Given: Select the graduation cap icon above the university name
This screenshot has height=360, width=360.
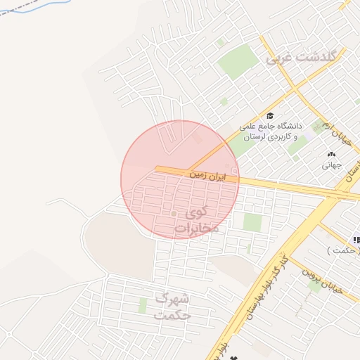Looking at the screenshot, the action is click(x=270, y=115).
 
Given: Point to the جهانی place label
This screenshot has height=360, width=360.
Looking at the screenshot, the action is click(x=331, y=166).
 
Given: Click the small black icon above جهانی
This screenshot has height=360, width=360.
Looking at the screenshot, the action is click(x=331, y=154).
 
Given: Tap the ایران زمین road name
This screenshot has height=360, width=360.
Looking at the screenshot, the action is click(x=208, y=174).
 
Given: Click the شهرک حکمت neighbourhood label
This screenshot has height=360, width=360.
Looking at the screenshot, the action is click(x=173, y=307).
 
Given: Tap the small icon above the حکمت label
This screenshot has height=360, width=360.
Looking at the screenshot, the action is click(x=356, y=240).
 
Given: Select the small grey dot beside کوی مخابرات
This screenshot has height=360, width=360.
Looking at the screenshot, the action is click(x=174, y=213).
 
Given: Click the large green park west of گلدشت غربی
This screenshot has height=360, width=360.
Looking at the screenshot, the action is click(x=238, y=62).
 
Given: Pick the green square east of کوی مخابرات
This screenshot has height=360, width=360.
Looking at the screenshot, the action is click(x=252, y=222).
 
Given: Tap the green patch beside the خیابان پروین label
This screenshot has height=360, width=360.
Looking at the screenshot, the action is click(x=311, y=285).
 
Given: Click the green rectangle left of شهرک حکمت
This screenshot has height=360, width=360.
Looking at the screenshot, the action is click(x=143, y=306).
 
